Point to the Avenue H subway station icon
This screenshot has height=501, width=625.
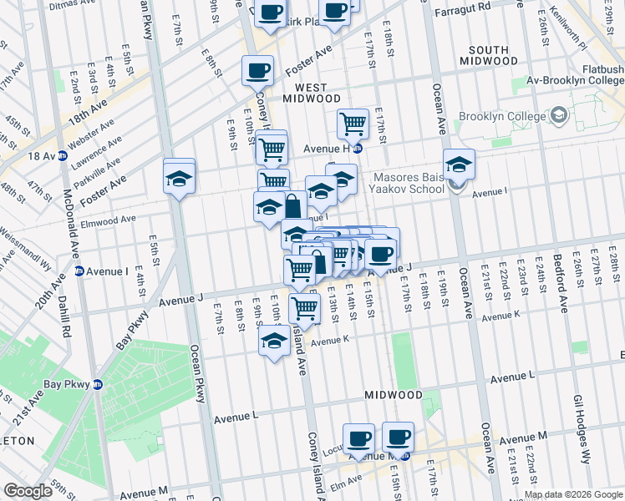(357, 149)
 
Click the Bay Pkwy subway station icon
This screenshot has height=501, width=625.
(97, 385)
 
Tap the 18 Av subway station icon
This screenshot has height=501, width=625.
(63, 155)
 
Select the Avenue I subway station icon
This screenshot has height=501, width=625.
(80, 271)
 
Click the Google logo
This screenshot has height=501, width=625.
(27, 491)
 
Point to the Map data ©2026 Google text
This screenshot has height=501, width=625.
(573, 494)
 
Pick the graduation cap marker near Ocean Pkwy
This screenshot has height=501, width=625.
(179, 177)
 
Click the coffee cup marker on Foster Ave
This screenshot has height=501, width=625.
(257, 69)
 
